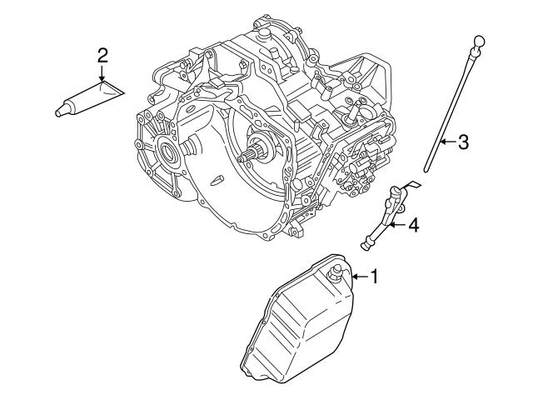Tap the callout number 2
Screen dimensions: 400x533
(102, 56)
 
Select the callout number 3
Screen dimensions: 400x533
(463, 142)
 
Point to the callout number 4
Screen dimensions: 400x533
(412, 224)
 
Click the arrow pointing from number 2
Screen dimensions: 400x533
(102, 75)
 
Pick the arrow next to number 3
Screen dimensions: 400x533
(446, 142)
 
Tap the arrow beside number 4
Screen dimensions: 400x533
(396, 224)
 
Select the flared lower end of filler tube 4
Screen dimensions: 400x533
(366, 244)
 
